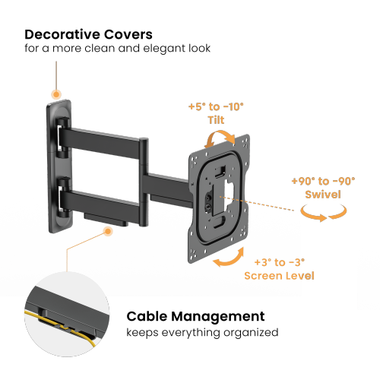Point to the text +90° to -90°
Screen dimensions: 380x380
[x=323, y=182]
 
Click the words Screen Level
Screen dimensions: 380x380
[x=279, y=275]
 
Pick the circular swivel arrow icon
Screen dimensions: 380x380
[x=325, y=216]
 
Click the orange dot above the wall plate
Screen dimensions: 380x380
[x=56, y=94]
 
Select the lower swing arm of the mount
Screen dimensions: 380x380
[x=103, y=199]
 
